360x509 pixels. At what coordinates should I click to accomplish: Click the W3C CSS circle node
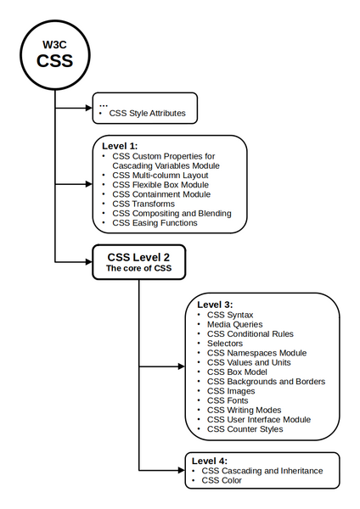pyautogui.click(x=54, y=53)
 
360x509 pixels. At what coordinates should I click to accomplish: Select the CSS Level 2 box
pyautogui.click(x=138, y=260)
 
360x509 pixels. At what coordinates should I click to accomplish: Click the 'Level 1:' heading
pyautogui.click(x=120, y=146)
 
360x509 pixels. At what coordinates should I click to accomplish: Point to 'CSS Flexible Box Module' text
pyautogui.click(x=160, y=185)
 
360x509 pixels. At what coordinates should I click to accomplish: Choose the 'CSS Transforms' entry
pyautogui.click(x=143, y=204)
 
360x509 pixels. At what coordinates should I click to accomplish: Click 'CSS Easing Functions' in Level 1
pyautogui.click(x=155, y=223)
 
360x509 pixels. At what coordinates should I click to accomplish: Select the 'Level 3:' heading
pyautogui.click(x=216, y=304)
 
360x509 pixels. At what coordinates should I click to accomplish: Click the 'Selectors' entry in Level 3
pyautogui.click(x=225, y=344)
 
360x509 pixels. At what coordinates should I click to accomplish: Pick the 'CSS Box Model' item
pyautogui.click(x=239, y=372)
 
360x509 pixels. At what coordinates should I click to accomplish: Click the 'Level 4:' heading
pyautogui.click(x=211, y=460)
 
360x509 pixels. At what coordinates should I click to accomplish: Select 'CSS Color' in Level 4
pyautogui.click(x=222, y=480)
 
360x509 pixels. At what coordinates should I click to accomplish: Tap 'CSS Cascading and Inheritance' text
pyautogui.click(x=262, y=470)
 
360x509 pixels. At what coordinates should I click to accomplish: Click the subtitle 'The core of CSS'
pyautogui.click(x=138, y=268)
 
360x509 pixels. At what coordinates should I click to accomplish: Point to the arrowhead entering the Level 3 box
pyautogui.click(x=179, y=367)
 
